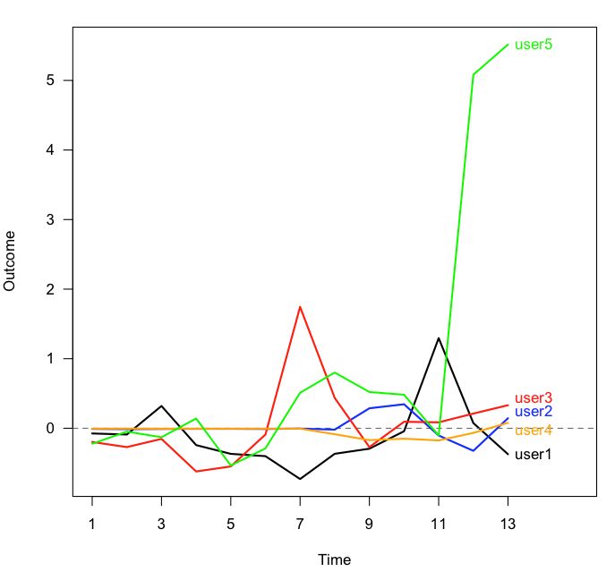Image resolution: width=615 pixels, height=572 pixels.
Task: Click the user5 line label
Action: pyautogui.click(x=534, y=44)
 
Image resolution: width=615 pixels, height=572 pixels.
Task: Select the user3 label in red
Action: pyautogui.click(x=534, y=398)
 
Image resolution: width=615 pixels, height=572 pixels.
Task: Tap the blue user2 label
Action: pyautogui.click(x=534, y=412)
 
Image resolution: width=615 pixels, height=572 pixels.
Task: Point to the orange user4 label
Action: pyautogui.click(x=534, y=431)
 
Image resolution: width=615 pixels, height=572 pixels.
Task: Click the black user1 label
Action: pyautogui.click(x=534, y=454)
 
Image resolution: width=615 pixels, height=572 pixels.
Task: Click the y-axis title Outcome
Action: pyautogui.click(x=11, y=260)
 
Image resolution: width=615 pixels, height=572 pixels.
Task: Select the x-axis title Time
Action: pyautogui.click(x=335, y=559)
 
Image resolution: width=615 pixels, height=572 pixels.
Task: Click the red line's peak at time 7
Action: pyautogui.click(x=300, y=307)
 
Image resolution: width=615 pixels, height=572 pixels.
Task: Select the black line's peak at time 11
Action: pyautogui.click(x=439, y=338)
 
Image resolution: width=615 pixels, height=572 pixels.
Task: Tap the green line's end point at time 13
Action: pyautogui.click(x=508, y=45)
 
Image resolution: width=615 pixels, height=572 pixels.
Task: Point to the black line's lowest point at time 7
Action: pyautogui.click(x=300, y=479)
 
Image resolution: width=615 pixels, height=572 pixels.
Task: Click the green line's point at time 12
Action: pyautogui.click(x=473, y=75)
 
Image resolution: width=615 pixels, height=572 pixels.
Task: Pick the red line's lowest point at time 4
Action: pyautogui.click(x=196, y=471)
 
